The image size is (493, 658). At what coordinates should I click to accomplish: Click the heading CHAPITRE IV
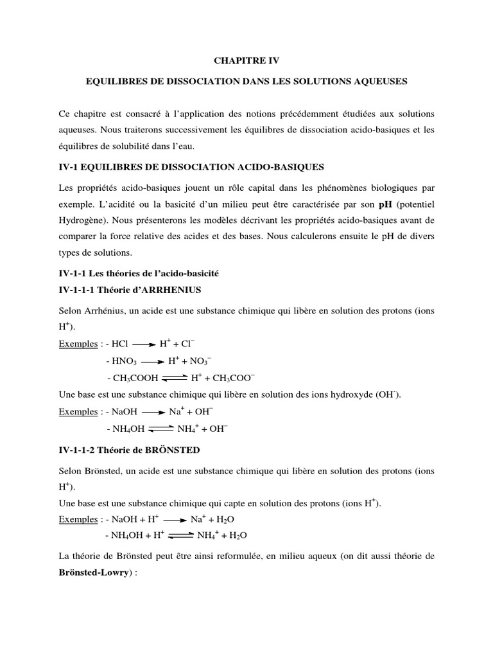coord(246,61)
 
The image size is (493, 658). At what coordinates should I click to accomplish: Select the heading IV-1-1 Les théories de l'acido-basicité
coord(139,273)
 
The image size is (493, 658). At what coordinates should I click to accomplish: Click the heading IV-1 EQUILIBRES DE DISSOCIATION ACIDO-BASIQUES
coord(191,167)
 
